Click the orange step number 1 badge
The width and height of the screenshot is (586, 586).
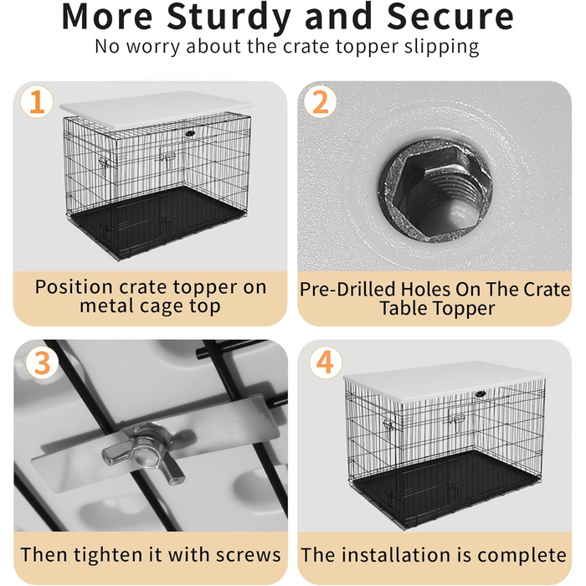click(37, 101)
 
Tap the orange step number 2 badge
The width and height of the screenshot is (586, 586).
click(321, 101)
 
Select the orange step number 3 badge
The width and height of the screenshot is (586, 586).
click(42, 362)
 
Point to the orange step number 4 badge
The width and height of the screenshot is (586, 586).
click(326, 362)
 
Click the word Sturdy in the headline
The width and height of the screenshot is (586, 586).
click(229, 18)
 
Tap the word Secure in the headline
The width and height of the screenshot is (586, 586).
click(450, 17)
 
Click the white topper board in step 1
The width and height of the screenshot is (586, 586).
click(157, 111)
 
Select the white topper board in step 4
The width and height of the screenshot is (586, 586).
click(445, 381)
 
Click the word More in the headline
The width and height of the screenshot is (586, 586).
click(107, 17)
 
